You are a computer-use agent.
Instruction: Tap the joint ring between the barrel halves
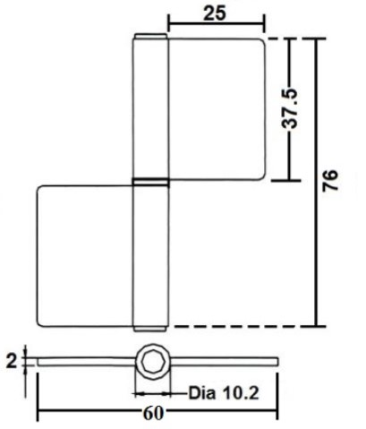pyautogui.click(x=149, y=183)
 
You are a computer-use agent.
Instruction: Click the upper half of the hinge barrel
pyautogui.click(x=149, y=107)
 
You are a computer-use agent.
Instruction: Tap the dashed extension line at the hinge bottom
pyautogui.click(x=242, y=327)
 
